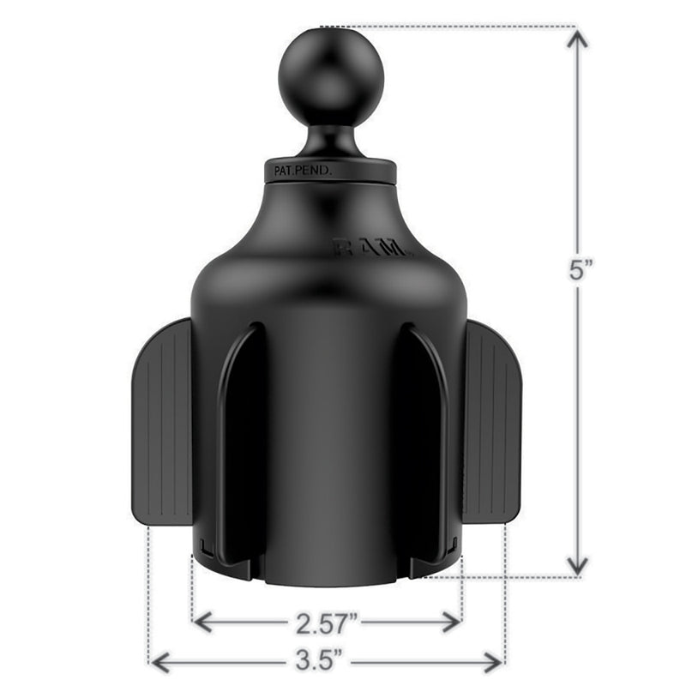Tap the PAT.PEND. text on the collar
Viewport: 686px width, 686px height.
pyautogui.click(x=302, y=171)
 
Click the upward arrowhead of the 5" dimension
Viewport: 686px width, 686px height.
pyautogui.click(x=578, y=39)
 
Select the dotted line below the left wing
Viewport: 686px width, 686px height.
pyautogui.click(x=149, y=592)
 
